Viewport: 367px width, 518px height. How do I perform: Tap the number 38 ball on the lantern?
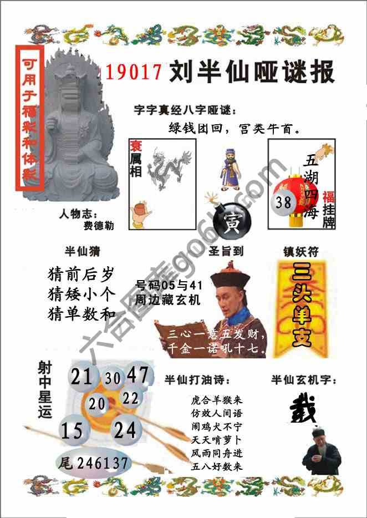283,202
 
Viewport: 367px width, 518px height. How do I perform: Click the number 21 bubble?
81,377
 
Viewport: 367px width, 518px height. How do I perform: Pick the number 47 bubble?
137,375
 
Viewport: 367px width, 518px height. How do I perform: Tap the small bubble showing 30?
113,378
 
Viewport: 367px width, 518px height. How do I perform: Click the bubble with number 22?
131,398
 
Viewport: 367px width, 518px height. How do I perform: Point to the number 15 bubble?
72,430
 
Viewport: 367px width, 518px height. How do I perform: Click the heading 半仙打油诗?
197,379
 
